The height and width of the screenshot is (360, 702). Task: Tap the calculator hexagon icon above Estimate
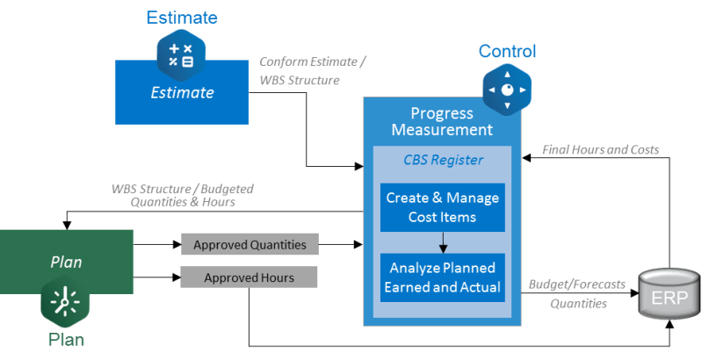click(x=181, y=55)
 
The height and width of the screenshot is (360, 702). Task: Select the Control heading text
click(x=507, y=51)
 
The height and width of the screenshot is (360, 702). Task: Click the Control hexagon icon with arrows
click(x=507, y=90)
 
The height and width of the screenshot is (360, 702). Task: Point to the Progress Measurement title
click(x=442, y=121)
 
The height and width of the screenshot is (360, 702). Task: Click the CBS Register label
click(x=443, y=160)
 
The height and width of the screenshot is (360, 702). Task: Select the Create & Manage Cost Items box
click(x=443, y=207)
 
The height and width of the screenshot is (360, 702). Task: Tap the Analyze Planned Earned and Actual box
click(x=443, y=277)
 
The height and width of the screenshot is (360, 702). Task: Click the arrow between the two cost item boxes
click(x=443, y=242)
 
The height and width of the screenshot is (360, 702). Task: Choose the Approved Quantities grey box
click(x=250, y=245)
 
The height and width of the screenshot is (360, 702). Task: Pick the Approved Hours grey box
click(x=249, y=277)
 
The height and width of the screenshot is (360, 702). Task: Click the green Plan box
click(x=66, y=262)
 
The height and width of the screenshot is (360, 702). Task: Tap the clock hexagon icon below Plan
click(x=65, y=301)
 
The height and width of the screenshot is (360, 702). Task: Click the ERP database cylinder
click(x=669, y=293)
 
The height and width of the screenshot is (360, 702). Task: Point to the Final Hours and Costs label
click(x=600, y=149)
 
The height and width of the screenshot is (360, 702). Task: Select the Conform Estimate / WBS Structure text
click(x=312, y=70)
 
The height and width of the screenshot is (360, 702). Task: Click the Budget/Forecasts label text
click(x=577, y=284)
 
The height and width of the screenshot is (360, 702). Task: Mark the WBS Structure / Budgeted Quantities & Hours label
click(x=183, y=195)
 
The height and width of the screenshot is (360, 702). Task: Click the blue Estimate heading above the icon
click(x=182, y=18)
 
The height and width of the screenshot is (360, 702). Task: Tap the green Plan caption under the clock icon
click(x=66, y=340)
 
